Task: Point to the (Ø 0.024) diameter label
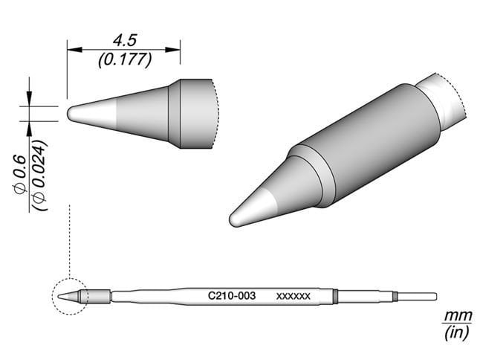tap(40, 176)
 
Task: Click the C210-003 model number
tap(232, 295)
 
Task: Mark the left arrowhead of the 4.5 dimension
tap(72, 50)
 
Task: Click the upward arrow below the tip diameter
tap(30, 129)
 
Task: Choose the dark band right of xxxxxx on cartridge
tap(334, 296)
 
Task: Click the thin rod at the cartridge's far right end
tap(416, 296)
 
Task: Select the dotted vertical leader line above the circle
tap(68, 238)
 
